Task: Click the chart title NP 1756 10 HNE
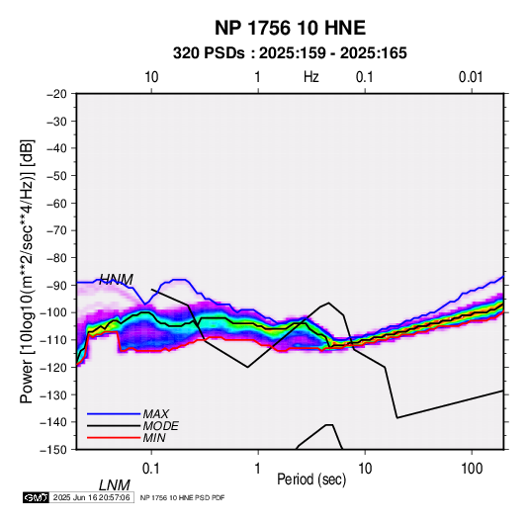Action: point(290,28)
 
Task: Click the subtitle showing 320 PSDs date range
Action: point(290,53)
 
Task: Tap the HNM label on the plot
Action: point(116,280)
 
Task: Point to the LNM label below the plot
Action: point(115,485)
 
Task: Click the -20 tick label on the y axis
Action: point(56,94)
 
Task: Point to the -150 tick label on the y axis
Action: point(53,450)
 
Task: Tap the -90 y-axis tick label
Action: point(56,285)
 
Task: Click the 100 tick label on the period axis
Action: point(472,469)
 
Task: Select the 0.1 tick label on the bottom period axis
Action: point(151,469)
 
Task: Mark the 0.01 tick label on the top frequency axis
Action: point(471,77)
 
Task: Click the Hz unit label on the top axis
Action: point(311,77)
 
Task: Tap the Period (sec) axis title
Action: point(311,479)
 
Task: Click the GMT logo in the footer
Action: point(36,497)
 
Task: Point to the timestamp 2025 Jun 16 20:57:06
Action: point(91,497)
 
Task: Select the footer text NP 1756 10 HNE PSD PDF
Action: point(182,497)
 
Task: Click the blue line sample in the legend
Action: point(114,414)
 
